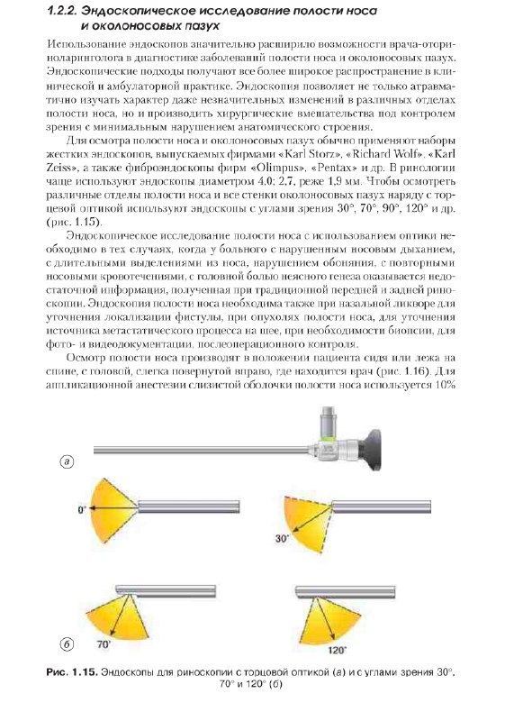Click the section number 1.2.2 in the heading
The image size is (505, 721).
[63, 11]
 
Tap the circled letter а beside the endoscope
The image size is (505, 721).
[67, 461]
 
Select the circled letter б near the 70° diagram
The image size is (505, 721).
[67, 644]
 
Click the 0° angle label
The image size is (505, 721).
[82, 510]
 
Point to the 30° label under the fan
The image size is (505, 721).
[282, 538]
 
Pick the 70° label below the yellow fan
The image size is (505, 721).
[104, 644]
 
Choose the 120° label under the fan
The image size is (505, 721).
[338, 650]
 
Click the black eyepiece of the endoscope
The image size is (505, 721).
[370, 449]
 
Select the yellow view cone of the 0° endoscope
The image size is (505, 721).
[113, 508]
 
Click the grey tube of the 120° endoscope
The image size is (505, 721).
[346, 592]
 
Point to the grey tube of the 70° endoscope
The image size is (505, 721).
[166, 591]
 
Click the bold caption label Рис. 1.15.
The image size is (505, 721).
[72, 672]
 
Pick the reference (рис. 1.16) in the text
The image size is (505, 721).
[404, 371]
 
